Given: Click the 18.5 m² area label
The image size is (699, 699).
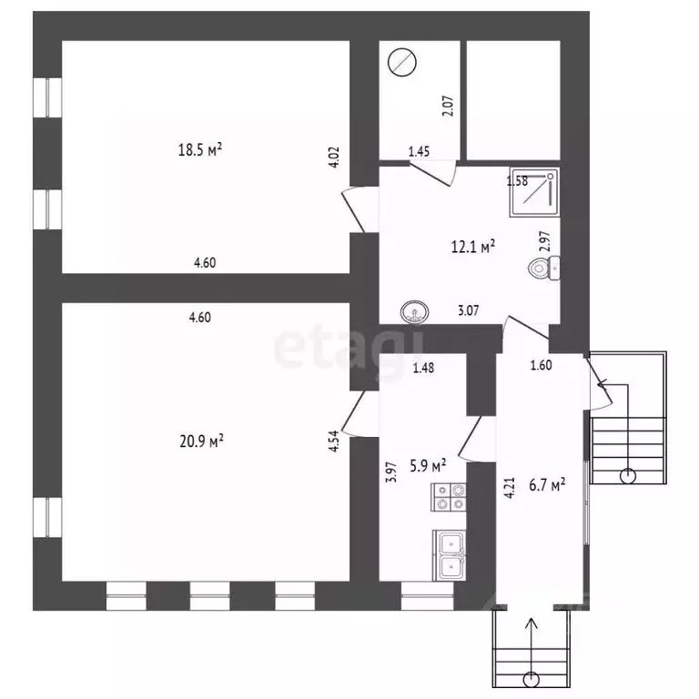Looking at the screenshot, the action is pos(199,150).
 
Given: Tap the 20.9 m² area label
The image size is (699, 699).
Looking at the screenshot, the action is pos(201,441).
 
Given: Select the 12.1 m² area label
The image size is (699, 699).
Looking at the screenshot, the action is pos(473,247).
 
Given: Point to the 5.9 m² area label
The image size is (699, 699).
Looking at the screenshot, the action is pos(428,466).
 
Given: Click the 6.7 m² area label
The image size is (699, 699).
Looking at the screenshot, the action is pos(547,484).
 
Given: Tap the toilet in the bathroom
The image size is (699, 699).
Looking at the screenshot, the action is pos(544,268).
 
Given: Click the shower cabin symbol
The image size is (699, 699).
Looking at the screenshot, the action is pos(534,193).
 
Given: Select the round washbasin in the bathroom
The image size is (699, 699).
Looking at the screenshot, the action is pos(415,311).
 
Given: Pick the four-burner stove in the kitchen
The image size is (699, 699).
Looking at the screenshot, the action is pos(449,497).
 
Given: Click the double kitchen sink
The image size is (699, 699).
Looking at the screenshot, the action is pos(450,555).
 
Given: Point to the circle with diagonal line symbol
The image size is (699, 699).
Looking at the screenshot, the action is pos(402,63).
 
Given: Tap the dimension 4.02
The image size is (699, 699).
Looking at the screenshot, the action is pos(334,157).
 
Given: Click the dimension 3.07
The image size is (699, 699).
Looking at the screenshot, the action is pos(469,310).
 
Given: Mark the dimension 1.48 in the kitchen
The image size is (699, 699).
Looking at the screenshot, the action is pos(423,368).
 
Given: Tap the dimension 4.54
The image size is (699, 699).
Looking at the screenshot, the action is pos(334,441).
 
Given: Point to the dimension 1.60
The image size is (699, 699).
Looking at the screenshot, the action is pos(542,365).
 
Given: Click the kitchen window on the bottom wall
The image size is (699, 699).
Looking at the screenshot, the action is pos(427,596).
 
